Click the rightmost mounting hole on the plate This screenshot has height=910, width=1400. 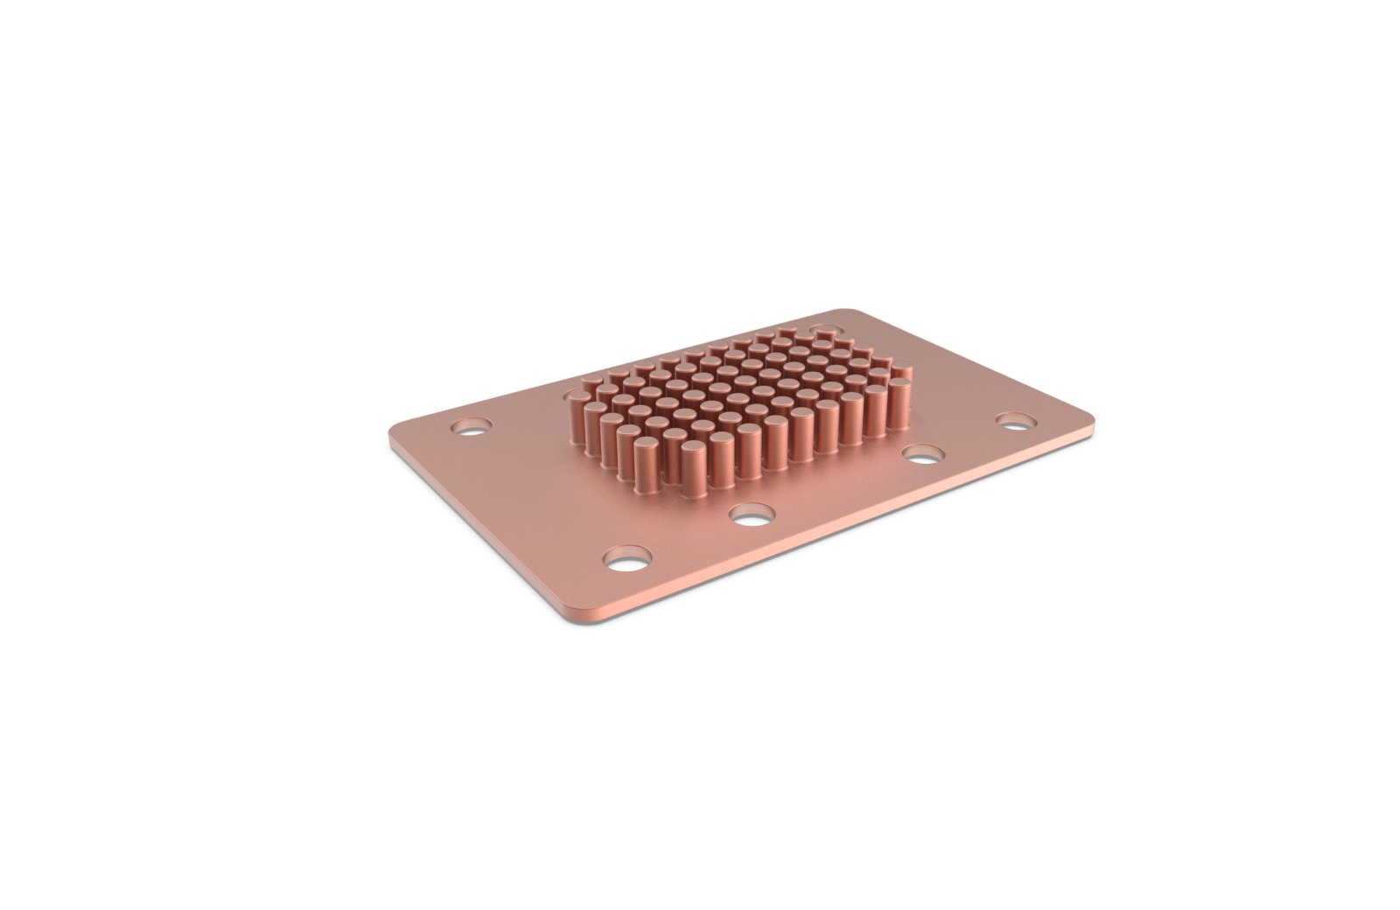coord(1015,420)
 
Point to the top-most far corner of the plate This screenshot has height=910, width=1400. coord(840,310)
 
